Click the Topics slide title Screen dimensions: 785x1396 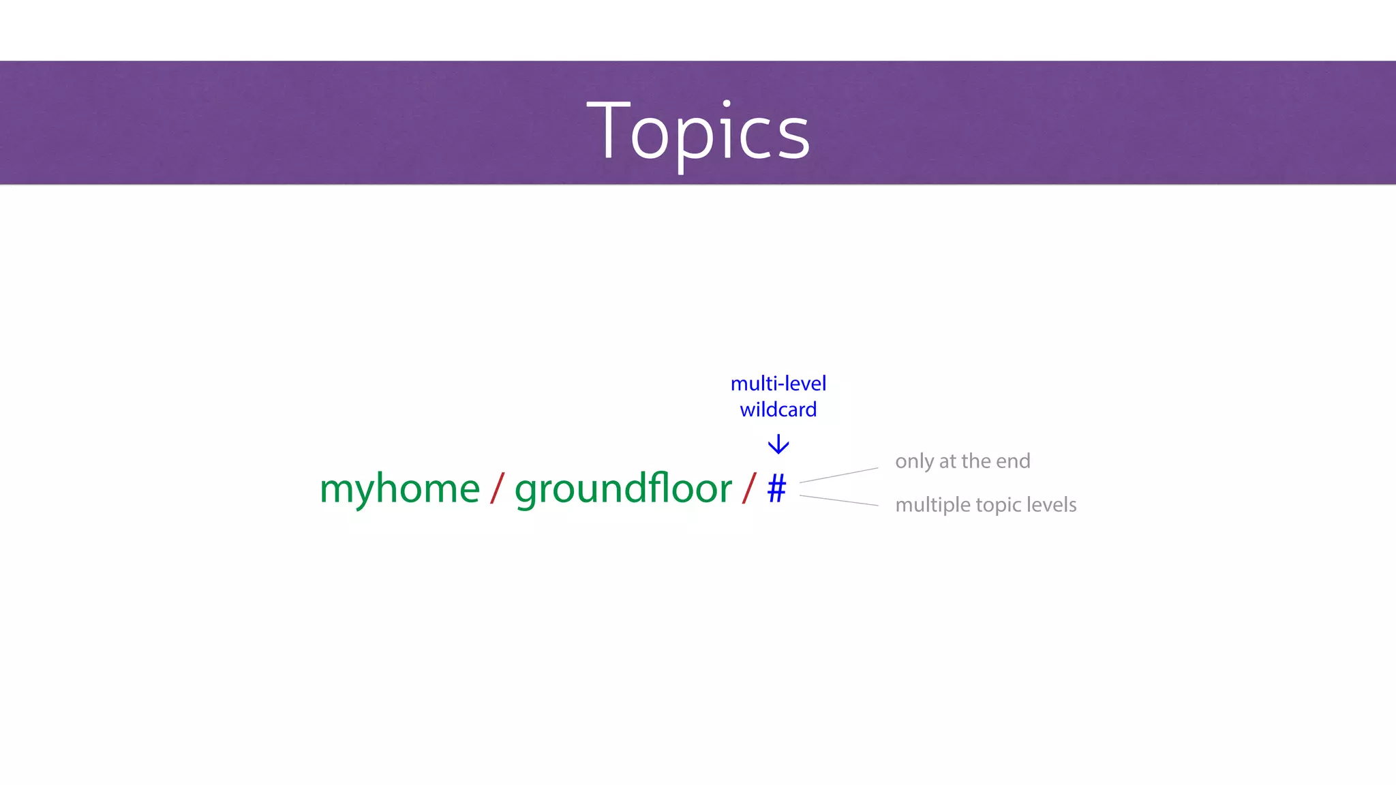tap(698, 131)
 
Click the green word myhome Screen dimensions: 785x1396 tap(399, 489)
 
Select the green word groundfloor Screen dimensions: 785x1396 tap(623, 489)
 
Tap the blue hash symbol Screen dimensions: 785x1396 tap(776, 489)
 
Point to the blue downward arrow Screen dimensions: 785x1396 tap(778, 445)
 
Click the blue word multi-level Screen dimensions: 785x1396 tap(778, 384)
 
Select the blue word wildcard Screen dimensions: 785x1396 tap(778, 410)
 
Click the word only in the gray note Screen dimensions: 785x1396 tap(914, 462)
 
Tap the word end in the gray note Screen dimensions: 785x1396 tap(1013, 461)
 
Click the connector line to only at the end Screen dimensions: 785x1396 tap(838, 475)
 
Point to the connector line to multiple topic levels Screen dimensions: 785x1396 tap(838, 500)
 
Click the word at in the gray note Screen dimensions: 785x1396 tap(947, 462)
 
